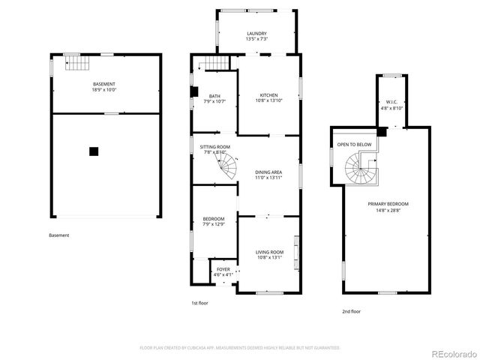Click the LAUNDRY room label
pos(257,34)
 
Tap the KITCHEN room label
pos(268,95)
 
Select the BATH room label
pos(214,96)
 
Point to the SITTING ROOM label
pos(214,147)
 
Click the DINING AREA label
pos(268,172)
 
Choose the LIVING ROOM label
pos(269,252)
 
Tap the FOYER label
pos(223,268)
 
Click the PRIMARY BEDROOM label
pos(388,204)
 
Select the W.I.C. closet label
pos(391,102)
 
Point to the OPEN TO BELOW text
pos(354,144)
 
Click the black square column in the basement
pos(94,151)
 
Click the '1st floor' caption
pos(199,304)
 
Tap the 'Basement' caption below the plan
pos(59,235)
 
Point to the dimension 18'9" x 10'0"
pos(104,89)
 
